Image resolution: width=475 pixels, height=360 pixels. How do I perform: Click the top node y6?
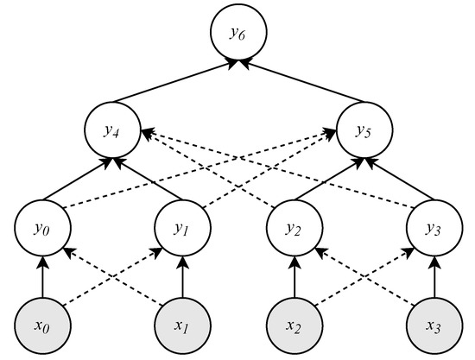point(237,34)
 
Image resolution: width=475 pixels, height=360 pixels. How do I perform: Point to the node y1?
point(180,230)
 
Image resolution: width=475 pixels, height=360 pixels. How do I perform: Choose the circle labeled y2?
point(294,230)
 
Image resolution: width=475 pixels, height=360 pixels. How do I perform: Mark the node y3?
point(434,230)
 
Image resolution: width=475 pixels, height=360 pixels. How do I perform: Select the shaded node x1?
point(180,326)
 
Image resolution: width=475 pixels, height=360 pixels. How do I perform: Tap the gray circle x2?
point(294,326)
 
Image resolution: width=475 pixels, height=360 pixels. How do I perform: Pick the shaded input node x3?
point(434,326)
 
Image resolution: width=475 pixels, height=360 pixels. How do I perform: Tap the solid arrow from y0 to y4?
point(75,180)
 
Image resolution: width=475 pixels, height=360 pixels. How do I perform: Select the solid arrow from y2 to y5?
point(329,180)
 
